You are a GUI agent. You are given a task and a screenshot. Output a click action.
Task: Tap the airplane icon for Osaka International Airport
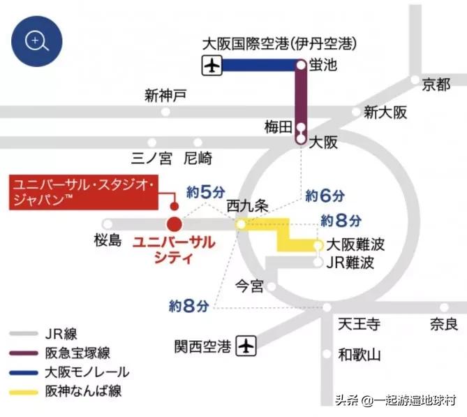pyautogui.click(x=212, y=66)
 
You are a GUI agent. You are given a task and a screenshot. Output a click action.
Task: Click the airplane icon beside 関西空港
pyautogui.click(x=246, y=345)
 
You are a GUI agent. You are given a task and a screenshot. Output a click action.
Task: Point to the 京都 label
pyautogui.click(x=436, y=85)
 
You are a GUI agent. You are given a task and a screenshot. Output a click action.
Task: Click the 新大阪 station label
pyautogui.click(x=385, y=112)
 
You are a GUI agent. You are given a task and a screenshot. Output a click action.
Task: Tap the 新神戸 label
pyautogui.click(x=165, y=95)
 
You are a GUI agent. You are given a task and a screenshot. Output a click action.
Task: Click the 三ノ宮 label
pyautogui.click(x=151, y=159)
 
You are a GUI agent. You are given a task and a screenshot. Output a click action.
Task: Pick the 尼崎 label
pyautogui.click(x=198, y=159)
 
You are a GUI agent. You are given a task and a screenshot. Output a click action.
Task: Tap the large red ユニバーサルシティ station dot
pyautogui.click(x=174, y=225)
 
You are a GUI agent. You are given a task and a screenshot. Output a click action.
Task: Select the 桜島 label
pyautogui.click(x=108, y=241)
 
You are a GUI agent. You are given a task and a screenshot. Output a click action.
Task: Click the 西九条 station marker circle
pyautogui.click(x=240, y=224)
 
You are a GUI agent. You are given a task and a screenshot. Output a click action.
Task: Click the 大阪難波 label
pyautogui.click(x=356, y=246)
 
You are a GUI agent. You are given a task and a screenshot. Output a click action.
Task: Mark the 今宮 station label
pyautogui.click(x=250, y=286)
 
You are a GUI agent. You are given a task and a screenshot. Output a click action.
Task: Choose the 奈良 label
pyautogui.click(x=443, y=324)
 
